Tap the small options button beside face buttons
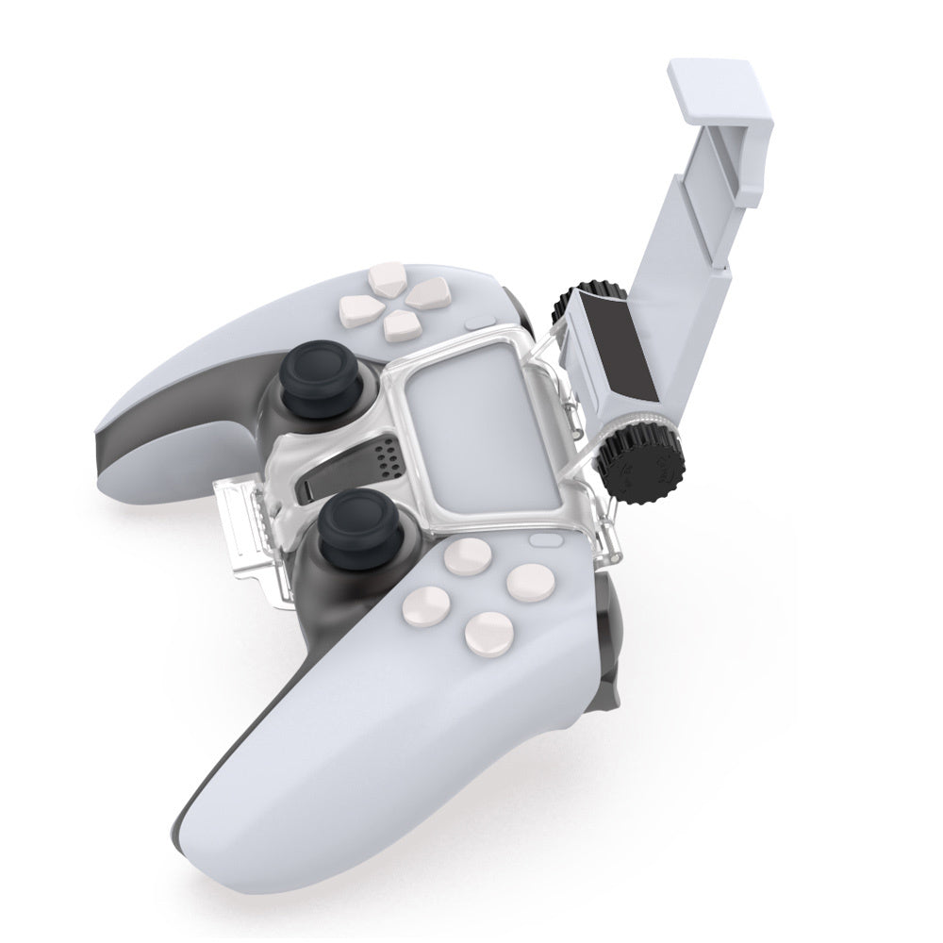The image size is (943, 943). click(x=545, y=542)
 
